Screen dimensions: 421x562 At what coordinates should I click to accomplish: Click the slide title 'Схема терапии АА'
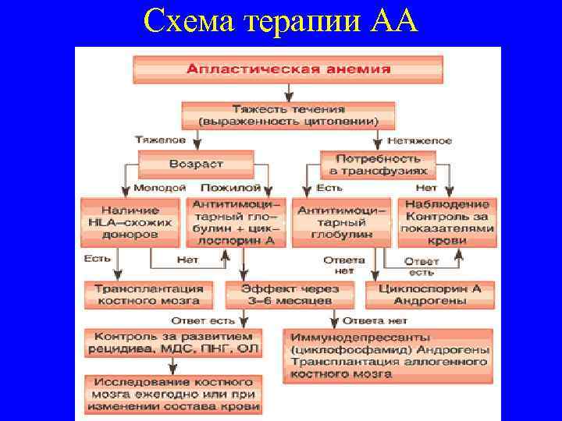(x=281, y=21)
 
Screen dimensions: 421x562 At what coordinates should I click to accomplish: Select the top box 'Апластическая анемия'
(x=288, y=69)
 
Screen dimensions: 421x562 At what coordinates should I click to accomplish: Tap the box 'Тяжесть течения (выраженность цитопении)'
(x=288, y=115)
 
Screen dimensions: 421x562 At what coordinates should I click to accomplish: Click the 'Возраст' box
(x=196, y=164)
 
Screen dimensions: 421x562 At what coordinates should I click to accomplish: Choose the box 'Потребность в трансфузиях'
(x=378, y=164)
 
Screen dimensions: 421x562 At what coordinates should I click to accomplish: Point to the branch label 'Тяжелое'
(x=160, y=140)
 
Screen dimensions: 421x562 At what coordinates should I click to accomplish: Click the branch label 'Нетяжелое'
(x=425, y=140)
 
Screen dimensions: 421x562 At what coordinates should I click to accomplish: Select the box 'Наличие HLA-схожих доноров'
(x=130, y=222)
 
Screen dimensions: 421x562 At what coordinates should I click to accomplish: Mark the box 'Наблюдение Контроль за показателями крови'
(x=446, y=222)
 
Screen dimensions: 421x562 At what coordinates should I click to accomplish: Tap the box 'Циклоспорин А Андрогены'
(x=429, y=294)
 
